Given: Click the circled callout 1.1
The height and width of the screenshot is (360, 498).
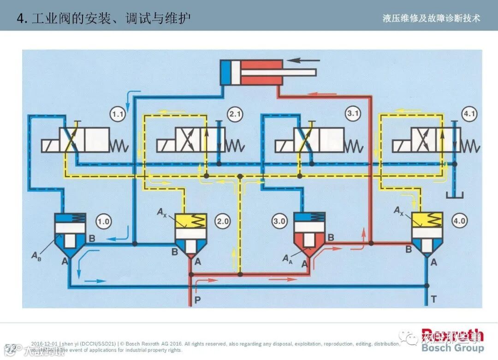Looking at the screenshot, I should click(119, 114).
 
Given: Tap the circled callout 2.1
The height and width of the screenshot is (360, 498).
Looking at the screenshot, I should click(235, 114).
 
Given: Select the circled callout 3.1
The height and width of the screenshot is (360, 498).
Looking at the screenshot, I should click(353, 114).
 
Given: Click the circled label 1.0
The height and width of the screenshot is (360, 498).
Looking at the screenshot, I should click(103, 221).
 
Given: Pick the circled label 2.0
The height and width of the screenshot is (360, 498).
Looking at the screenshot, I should click(223, 221).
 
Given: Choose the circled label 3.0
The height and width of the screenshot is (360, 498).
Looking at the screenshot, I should click(279, 221).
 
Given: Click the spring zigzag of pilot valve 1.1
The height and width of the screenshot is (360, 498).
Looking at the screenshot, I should click(119, 146).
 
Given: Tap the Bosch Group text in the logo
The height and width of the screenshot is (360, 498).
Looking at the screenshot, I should click(452, 348).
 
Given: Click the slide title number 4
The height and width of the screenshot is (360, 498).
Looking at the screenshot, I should click(20, 18).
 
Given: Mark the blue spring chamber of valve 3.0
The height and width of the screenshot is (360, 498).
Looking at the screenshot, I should click(309, 217).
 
